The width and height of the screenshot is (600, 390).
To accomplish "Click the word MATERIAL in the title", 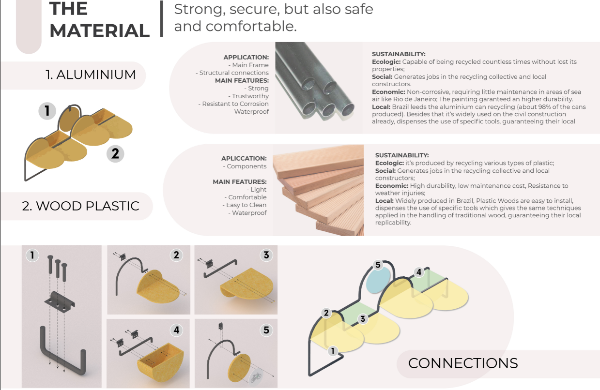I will click(99, 31).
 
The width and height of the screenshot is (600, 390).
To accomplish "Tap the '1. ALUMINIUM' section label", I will click(91, 75).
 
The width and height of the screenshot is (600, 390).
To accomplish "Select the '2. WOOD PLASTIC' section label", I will click(80, 206).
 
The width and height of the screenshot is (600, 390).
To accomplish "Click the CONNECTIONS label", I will click(462, 363).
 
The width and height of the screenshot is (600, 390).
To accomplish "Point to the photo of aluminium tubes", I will click(319, 87).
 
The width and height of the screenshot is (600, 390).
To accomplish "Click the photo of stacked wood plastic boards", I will click(318, 190).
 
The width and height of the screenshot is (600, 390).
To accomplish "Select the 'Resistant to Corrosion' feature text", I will click(233, 104).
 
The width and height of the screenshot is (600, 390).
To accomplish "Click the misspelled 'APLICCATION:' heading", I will click(244, 158).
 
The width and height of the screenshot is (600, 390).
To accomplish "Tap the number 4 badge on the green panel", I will click(419, 272).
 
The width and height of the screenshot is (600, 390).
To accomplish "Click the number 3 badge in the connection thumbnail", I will click(266, 255).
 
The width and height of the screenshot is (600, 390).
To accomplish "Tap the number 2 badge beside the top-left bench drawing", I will click(115, 154).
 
